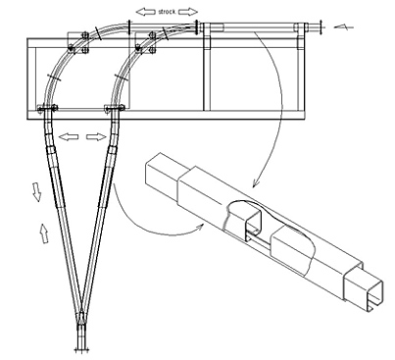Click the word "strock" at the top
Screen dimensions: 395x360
167,12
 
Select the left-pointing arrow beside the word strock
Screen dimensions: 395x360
145,12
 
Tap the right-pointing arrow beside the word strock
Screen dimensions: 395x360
188,12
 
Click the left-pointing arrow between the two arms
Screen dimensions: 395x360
69,137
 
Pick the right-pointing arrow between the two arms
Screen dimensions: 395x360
96,137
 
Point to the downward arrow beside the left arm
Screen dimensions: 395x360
36,192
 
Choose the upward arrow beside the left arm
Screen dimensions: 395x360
44,233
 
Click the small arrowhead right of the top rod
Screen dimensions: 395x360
343,26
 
